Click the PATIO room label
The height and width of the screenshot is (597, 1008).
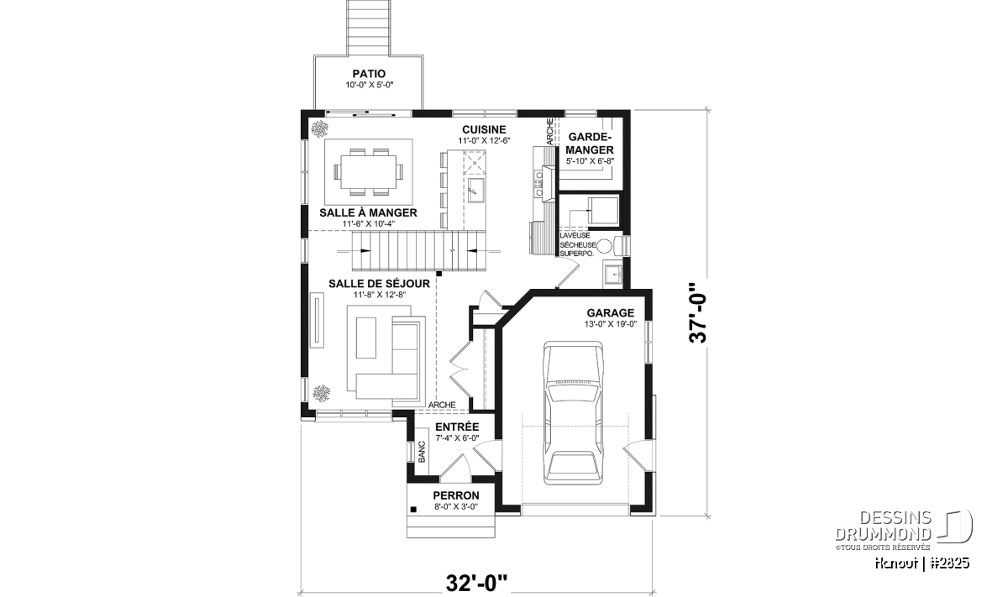[x=369, y=73]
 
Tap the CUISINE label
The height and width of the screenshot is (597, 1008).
[x=484, y=129]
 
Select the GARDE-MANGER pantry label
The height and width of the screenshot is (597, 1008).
[x=590, y=143]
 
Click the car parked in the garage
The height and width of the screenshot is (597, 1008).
[x=573, y=412]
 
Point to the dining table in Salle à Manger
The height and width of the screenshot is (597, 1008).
[x=369, y=172]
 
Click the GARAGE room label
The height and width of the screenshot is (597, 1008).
[x=610, y=312]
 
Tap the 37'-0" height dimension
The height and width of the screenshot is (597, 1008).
[x=698, y=312]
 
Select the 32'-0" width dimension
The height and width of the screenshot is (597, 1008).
[x=476, y=583]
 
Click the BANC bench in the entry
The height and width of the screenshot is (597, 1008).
[x=422, y=451]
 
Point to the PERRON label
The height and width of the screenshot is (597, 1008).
[x=456, y=495]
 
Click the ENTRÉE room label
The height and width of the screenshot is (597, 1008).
[x=457, y=427]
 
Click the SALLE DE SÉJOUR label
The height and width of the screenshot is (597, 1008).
[x=379, y=284]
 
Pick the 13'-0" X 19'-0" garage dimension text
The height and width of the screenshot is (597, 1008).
[x=610, y=324]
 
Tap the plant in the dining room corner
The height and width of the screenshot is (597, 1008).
[x=319, y=129]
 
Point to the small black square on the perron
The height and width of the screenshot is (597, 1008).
[x=413, y=510]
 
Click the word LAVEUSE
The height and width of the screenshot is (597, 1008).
[x=575, y=235]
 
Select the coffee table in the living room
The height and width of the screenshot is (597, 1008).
[x=366, y=338]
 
